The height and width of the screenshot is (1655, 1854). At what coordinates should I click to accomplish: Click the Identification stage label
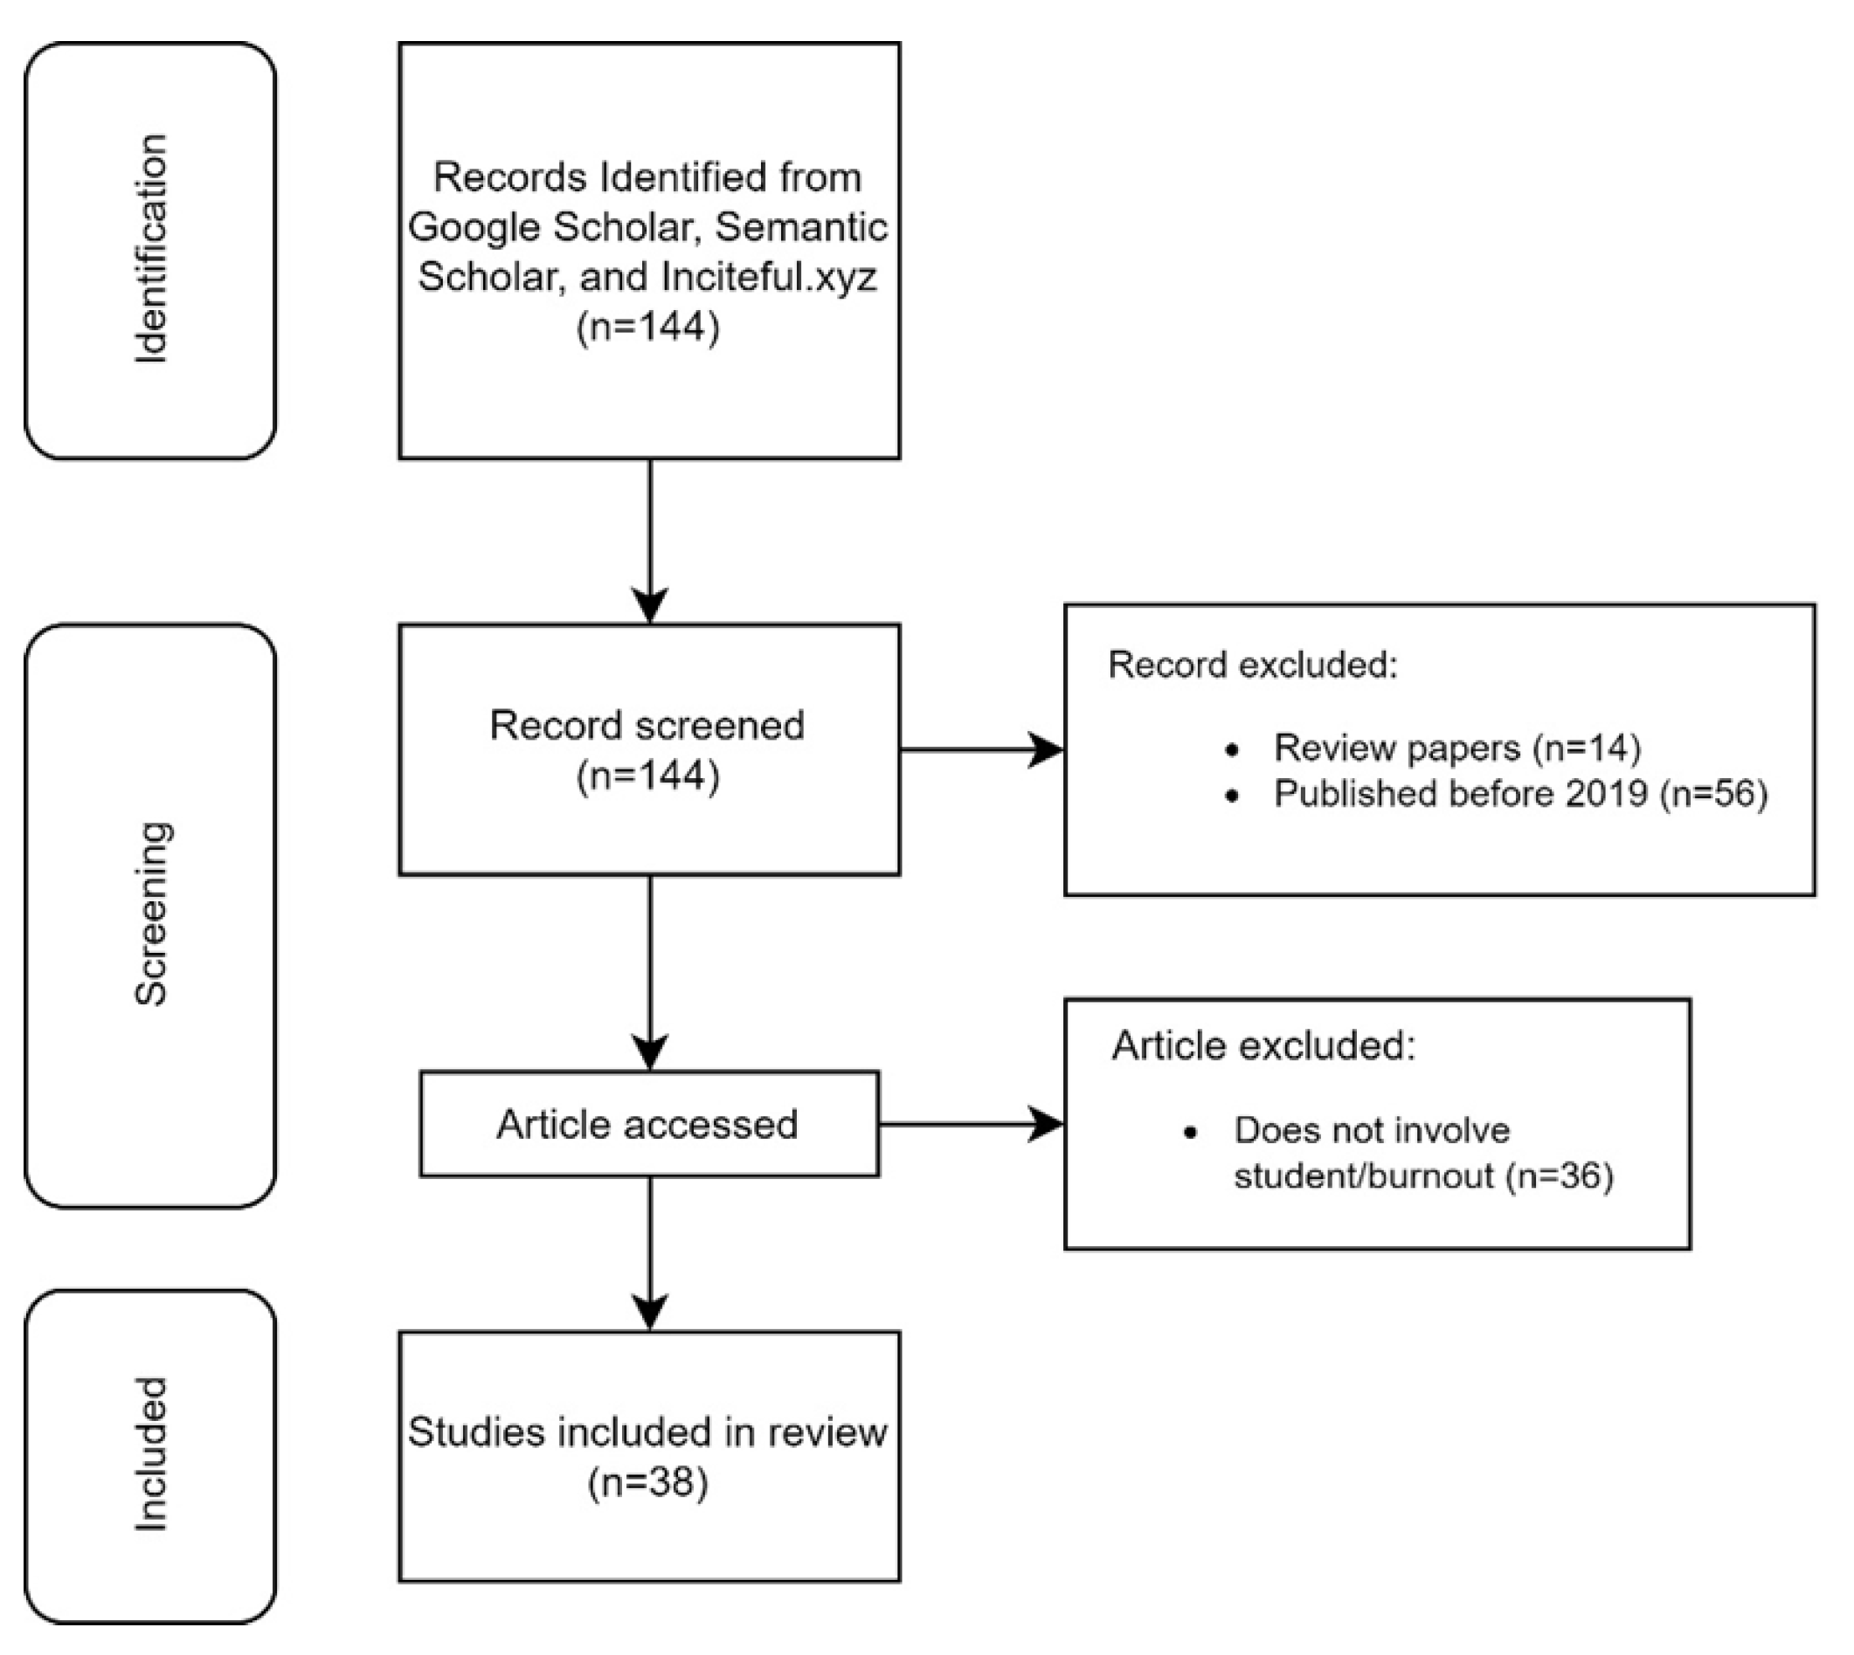point(151,249)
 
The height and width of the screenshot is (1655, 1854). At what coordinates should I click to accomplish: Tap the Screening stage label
point(151,913)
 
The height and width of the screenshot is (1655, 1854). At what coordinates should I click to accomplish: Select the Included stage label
point(151,1455)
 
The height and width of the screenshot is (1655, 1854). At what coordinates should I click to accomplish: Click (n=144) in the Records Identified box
point(647,326)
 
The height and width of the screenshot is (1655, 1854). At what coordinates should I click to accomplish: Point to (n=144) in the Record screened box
point(647,775)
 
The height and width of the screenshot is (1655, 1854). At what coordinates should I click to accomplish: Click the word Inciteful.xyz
point(769,275)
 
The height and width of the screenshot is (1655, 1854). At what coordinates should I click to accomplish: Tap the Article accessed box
point(647,1124)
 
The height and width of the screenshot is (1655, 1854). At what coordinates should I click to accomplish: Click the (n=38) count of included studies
point(647,1482)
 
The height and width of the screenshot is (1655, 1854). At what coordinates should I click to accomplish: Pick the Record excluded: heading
point(1253,665)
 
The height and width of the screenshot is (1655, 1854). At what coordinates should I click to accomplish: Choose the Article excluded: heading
point(1263,1045)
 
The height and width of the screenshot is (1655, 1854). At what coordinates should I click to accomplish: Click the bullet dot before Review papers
point(1233,750)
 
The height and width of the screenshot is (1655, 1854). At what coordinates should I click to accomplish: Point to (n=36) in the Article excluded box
point(1560,1176)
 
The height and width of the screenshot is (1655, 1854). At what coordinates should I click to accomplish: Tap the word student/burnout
point(1363,1176)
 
